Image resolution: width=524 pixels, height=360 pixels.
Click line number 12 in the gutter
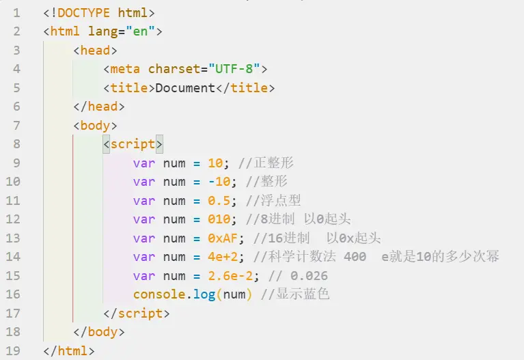[x=13, y=219]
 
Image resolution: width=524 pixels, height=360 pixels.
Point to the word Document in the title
[x=186, y=88]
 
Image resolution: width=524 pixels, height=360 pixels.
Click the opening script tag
[x=133, y=144]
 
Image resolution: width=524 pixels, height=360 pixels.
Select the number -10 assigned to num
[x=219, y=182]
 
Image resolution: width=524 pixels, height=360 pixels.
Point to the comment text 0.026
[x=309, y=276]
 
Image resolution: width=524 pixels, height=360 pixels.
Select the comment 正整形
[x=274, y=163]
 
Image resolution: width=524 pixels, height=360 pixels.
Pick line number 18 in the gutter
[x=13, y=332]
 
